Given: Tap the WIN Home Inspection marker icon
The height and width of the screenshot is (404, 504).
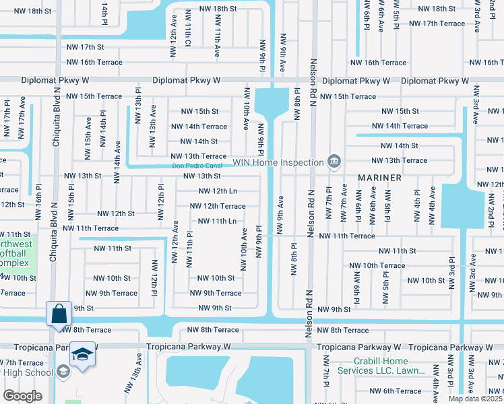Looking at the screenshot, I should (x=334, y=161).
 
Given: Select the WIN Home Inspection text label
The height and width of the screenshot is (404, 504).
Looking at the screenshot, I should (x=279, y=162).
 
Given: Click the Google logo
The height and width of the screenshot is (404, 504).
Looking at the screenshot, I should (x=22, y=395).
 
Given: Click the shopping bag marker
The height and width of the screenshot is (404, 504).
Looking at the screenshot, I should (x=59, y=313).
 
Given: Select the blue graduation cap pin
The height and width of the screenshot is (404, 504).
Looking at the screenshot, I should (x=82, y=354).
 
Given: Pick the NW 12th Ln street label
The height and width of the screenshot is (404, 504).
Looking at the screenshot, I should (x=215, y=191).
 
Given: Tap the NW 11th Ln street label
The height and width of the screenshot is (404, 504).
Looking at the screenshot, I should (x=217, y=221).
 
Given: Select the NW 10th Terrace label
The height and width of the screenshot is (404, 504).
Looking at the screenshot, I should (x=377, y=265).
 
